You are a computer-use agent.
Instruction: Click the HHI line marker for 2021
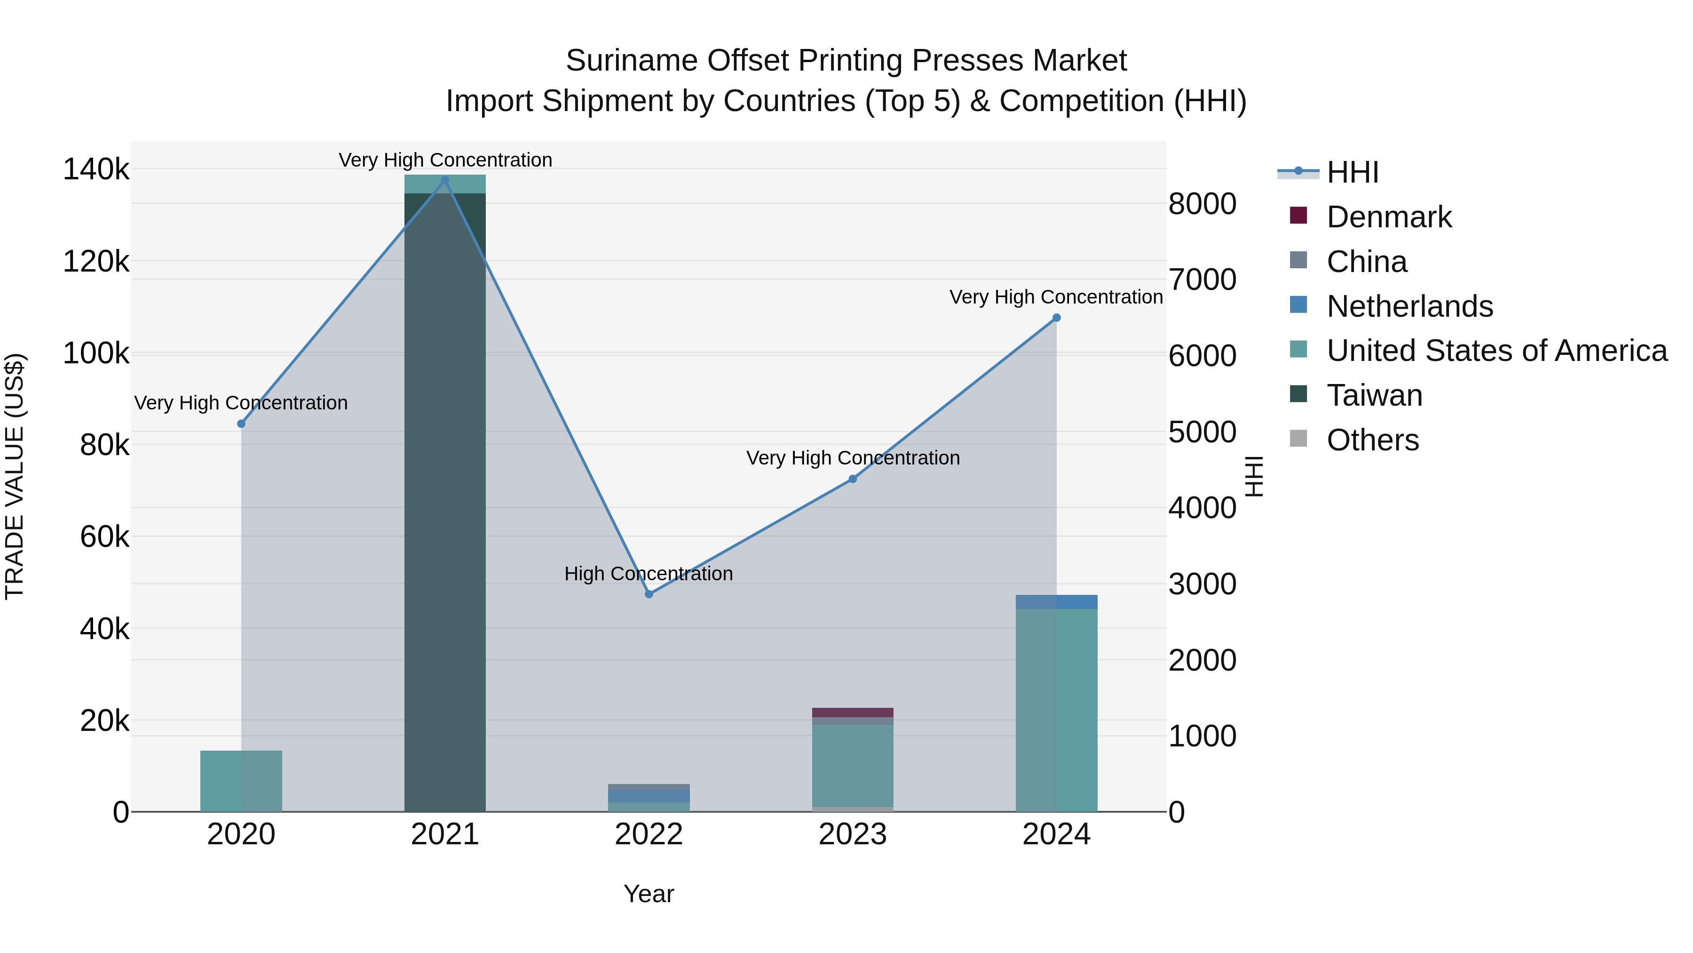click(445, 180)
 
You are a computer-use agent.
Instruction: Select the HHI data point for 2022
click(649, 594)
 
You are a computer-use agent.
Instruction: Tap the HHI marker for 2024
click(1056, 318)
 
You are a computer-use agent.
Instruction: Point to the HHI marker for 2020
click(241, 424)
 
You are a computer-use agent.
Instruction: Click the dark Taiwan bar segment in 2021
click(445, 500)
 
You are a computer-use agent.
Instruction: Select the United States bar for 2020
click(241, 781)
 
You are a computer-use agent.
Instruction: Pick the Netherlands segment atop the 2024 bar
click(1056, 602)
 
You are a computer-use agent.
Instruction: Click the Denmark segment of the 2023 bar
click(853, 713)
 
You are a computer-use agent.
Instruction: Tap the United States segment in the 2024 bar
click(1056, 710)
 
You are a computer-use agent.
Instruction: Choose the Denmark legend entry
click(1388, 217)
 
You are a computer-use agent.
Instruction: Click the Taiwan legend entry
click(1374, 395)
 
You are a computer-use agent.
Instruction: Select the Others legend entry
click(1372, 440)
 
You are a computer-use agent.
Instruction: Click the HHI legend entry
click(1352, 172)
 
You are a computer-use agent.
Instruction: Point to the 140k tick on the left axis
click(96, 170)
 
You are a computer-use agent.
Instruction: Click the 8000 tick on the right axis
click(1202, 204)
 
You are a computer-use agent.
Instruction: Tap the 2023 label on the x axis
click(853, 834)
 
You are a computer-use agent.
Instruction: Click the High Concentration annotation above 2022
click(649, 574)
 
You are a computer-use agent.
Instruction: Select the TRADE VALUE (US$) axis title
click(15, 476)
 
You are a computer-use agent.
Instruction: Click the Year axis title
click(649, 894)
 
